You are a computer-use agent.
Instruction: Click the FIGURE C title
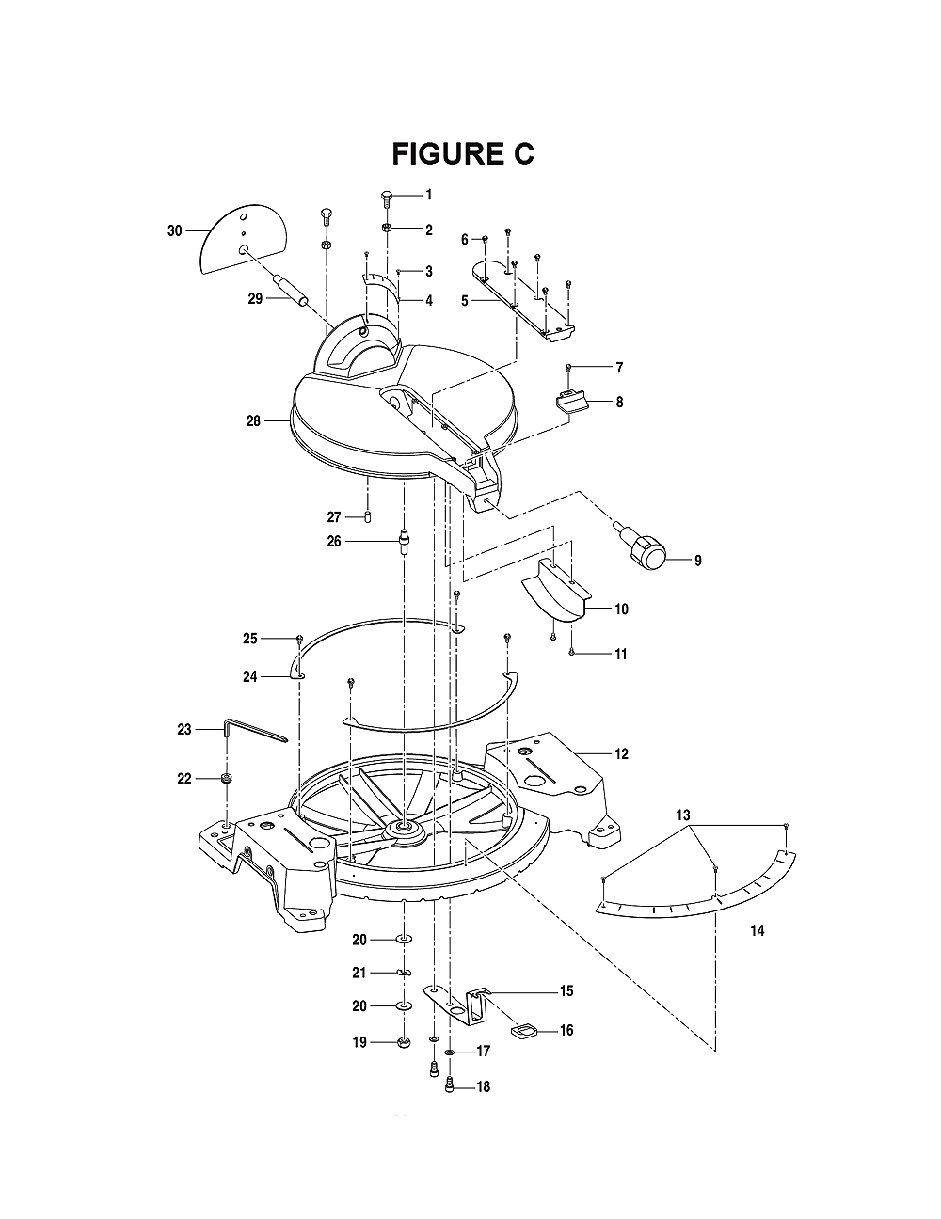pyautogui.click(x=463, y=153)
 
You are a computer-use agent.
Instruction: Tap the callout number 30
pyautogui.click(x=175, y=230)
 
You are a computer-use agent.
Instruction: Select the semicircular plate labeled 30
pyautogui.click(x=243, y=240)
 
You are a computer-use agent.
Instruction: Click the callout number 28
pyautogui.click(x=254, y=420)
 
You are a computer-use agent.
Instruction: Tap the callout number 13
pyautogui.click(x=683, y=815)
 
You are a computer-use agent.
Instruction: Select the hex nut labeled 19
pyautogui.click(x=403, y=1043)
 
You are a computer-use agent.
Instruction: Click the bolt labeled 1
pyautogui.click(x=387, y=201)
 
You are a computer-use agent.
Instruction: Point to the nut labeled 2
pyautogui.click(x=387, y=229)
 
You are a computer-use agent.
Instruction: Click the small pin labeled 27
pyautogui.click(x=368, y=516)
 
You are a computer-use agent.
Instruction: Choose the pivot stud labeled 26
pyautogui.click(x=405, y=542)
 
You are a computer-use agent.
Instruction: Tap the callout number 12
pyautogui.click(x=622, y=754)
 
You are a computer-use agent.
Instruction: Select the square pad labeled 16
pyautogui.click(x=522, y=1031)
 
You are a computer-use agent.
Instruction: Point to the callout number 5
pyautogui.click(x=465, y=301)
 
